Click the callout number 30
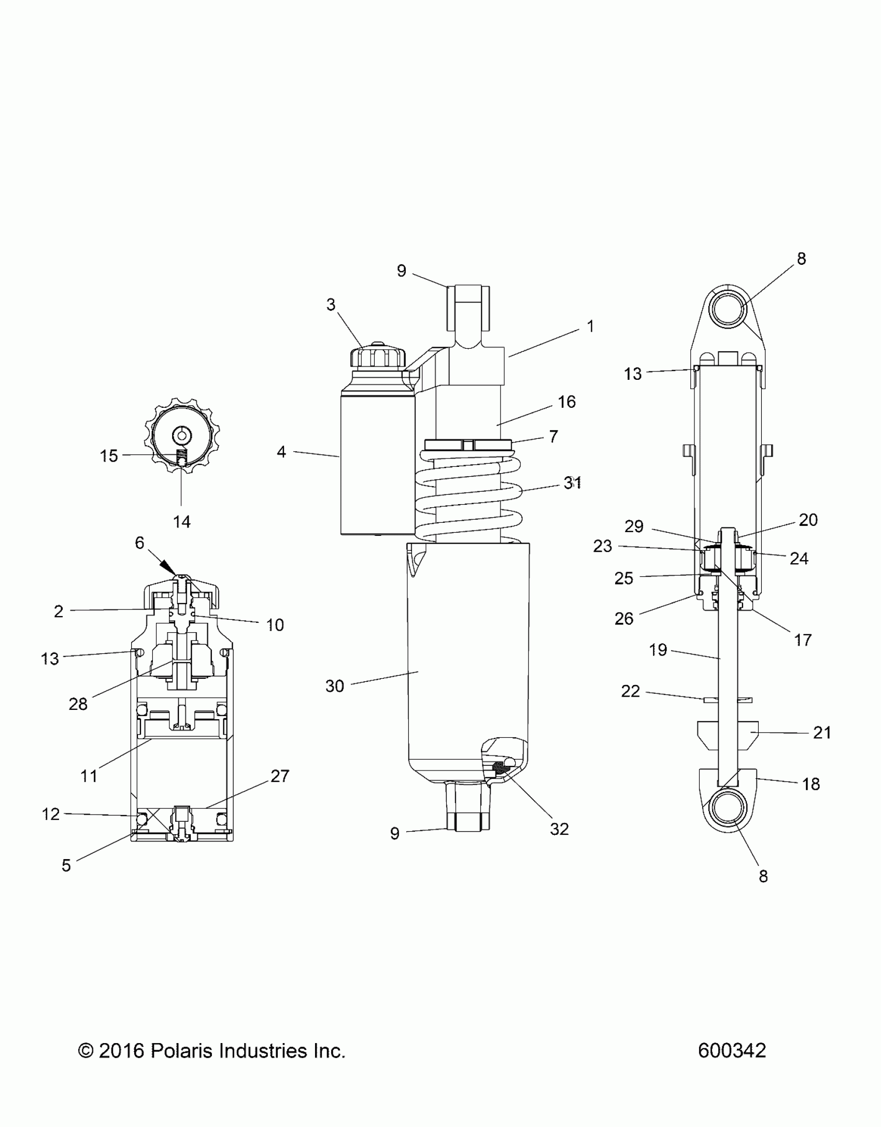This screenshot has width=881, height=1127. click(x=335, y=686)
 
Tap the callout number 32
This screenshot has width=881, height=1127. click(x=559, y=829)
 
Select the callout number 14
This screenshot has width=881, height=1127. click(x=181, y=521)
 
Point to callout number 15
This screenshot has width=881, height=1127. click(x=109, y=456)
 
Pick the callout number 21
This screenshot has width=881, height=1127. click(x=822, y=733)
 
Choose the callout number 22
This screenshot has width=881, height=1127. click(x=630, y=691)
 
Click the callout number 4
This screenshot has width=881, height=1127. click(x=281, y=452)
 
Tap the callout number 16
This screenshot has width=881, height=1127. click(x=567, y=402)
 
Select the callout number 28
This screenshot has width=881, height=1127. click(x=78, y=704)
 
